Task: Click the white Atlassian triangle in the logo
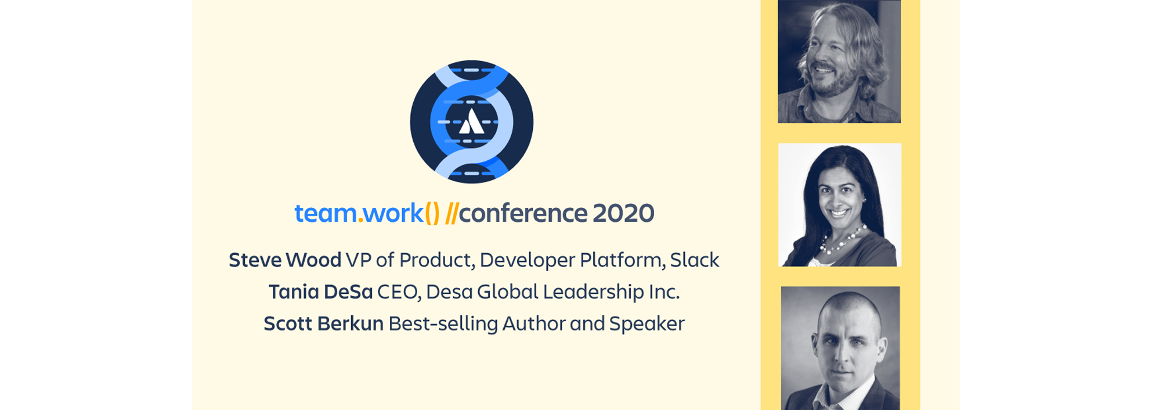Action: (x=472, y=123)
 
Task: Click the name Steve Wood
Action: (x=285, y=260)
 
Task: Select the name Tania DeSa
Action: (x=320, y=292)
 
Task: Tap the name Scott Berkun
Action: (x=323, y=323)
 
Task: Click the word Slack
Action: (x=694, y=260)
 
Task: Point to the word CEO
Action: (x=398, y=292)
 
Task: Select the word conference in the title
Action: (x=523, y=213)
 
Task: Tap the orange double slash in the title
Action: (x=452, y=213)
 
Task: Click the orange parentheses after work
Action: (x=432, y=213)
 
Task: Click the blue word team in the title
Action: (x=326, y=213)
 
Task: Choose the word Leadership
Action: (x=593, y=292)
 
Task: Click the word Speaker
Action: (x=647, y=323)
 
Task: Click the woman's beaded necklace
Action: (x=842, y=241)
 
